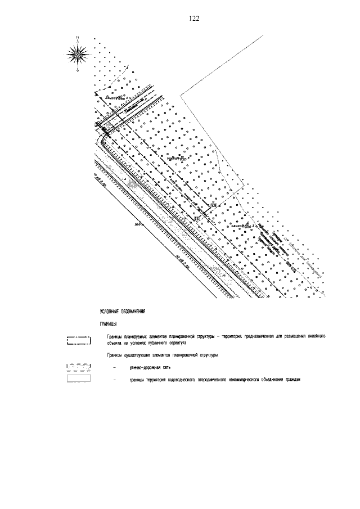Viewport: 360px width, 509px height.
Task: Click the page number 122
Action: point(195,19)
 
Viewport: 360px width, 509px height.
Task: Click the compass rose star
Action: point(78,54)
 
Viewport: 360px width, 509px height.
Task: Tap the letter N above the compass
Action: point(78,38)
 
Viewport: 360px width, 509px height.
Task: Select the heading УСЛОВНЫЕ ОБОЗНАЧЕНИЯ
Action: point(122,311)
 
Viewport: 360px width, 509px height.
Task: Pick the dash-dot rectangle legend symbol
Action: point(78,340)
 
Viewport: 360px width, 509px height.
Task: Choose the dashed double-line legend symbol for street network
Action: point(78,368)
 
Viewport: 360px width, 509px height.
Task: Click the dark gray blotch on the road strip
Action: point(133,183)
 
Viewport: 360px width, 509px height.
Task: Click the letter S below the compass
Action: point(78,71)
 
